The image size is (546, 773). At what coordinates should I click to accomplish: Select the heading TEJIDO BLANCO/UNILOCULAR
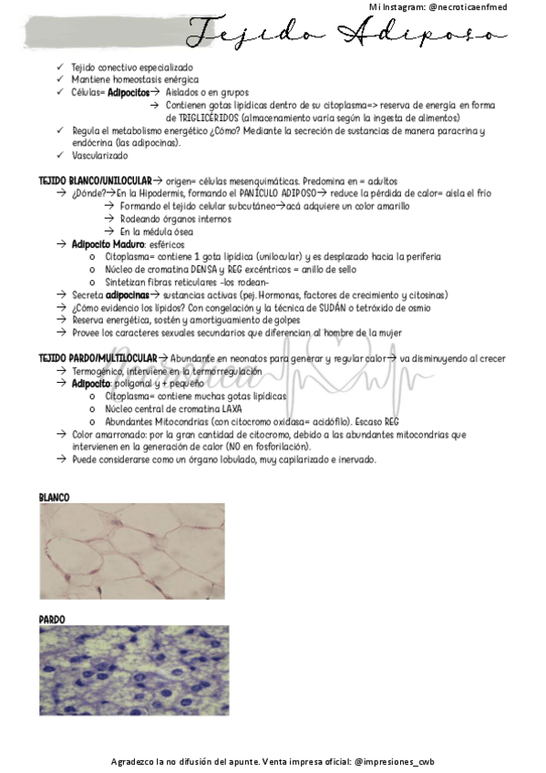(x=95, y=180)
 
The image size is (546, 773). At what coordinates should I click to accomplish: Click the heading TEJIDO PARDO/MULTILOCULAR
(x=98, y=358)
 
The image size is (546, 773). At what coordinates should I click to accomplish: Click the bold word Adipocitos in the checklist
(x=128, y=92)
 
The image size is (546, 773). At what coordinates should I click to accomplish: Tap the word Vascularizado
(x=100, y=156)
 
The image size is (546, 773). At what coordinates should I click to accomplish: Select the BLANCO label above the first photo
(x=55, y=498)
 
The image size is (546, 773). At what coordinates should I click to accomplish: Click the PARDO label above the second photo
(x=52, y=619)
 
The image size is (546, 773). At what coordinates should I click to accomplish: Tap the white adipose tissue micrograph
(x=134, y=552)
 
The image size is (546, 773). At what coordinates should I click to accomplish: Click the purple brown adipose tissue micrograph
(x=134, y=670)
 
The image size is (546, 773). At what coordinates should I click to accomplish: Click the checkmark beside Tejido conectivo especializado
(x=60, y=67)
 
